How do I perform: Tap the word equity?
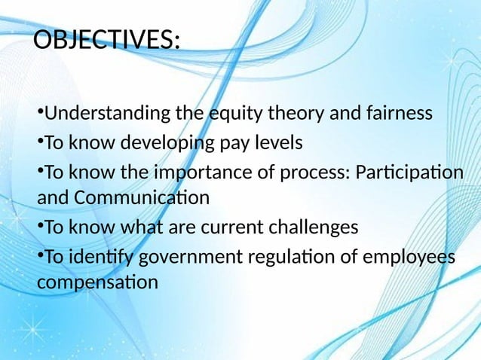[231, 114]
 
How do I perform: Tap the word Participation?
[409, 172]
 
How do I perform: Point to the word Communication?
[138, 200]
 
